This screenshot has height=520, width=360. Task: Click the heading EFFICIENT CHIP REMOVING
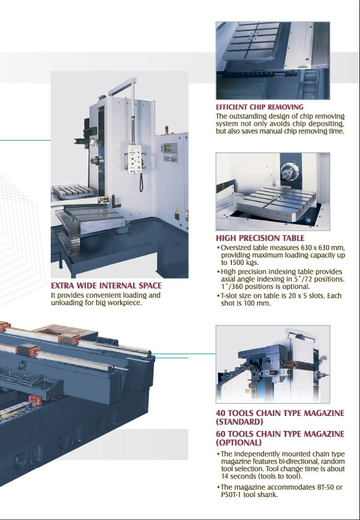(x=260, y=107)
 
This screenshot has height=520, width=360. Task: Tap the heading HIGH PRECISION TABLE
(x=260, y=238)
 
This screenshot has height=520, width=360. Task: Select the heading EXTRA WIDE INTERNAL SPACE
(x=106, y=285)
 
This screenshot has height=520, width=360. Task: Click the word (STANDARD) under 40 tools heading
(x=239, y=422)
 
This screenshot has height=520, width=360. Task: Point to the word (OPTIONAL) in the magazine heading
(x=239, y=443)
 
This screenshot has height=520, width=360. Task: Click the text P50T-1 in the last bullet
(x=230, y=495)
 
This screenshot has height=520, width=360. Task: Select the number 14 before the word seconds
(x=225, y=476)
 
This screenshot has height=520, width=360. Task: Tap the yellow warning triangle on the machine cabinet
(x=177, y=212)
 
